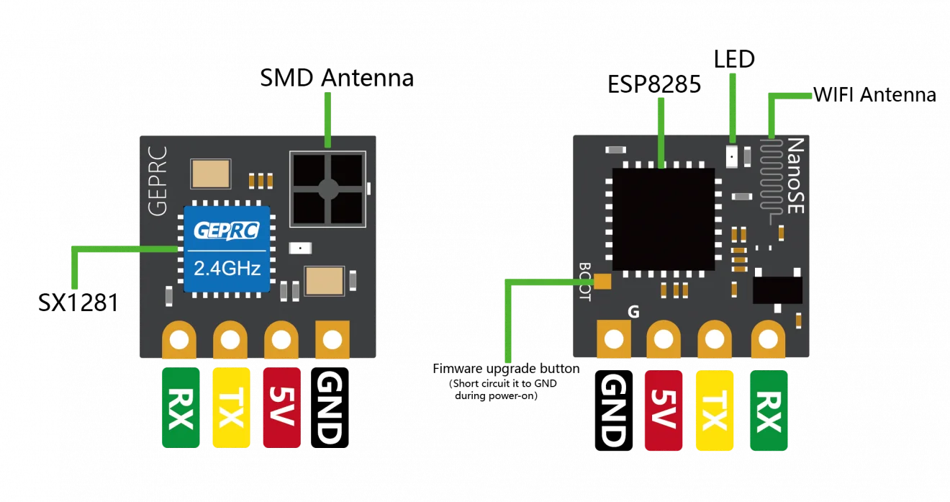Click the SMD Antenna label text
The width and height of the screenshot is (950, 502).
pyautogui.click(x=337, y=78)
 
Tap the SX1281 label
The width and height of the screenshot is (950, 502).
pyautogui.click(x=78, y=302)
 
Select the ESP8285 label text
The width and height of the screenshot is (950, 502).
pyautogui.click(x=654, y=84)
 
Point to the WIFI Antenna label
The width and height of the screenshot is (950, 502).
pyautogui.click(x=874, y=94)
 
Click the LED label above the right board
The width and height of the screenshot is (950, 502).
pyautogui.click(x=734, y=59)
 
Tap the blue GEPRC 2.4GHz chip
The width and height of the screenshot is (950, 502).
pyautogui.click(x=227, y=249)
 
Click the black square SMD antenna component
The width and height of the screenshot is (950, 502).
pyautogui.click(x=328, y=189)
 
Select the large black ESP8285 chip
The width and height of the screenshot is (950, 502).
pyautogui.click(x=664, y=219)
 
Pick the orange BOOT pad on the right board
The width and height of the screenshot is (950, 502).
pyautogui.click(x=602, y=282)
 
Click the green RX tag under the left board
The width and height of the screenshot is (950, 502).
pyautogui.click(x=181, y=408)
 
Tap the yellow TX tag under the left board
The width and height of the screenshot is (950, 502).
pyautogui.click(x=231, y=408)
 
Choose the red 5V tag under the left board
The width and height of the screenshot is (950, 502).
pyautogui.click(x=281, y=408)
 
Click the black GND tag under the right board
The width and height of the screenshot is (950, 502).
pyautogui.click(x=614, y=411)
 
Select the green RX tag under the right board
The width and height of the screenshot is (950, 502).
pyautogui.click(x=769, y=411)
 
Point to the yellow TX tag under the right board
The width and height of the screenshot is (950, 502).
pyautogui.click(x=715, y=411)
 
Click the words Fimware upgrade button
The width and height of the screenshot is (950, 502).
pyautogui.click(x=506, y=369)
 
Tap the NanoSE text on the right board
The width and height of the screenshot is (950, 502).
pyautogui.click(x=795, y=176)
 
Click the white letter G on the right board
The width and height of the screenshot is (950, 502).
pyautogui.click(x=633, y=313)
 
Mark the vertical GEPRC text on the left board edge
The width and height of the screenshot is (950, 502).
pyautogui.click(x=158, y=181)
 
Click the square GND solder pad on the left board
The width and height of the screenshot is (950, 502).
pyautogui.click(x=332, y=339)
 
